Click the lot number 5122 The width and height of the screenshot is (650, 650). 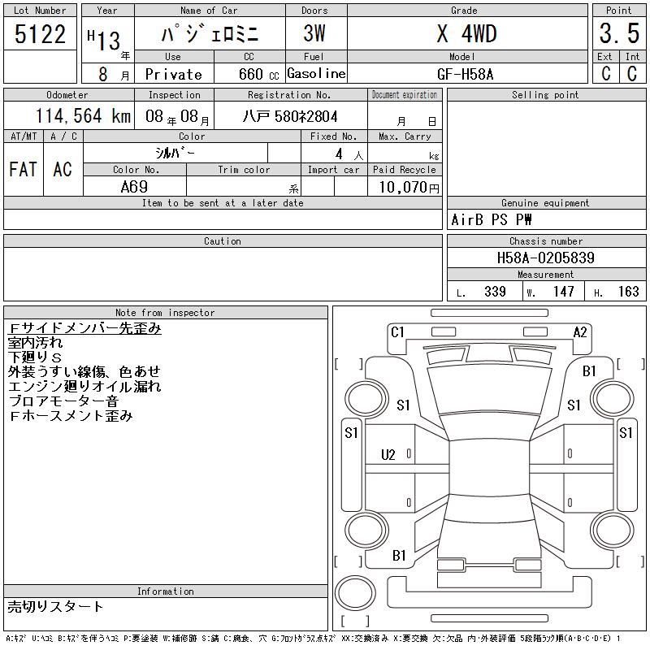40,34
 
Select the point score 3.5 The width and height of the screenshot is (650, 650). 619,33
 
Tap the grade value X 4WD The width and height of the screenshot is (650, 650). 466,33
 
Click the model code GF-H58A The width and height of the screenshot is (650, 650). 465,74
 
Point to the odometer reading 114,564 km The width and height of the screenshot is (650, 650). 83,115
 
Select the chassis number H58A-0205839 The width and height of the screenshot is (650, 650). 545,258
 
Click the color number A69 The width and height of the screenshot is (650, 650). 134,187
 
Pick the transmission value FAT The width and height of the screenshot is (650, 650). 24,169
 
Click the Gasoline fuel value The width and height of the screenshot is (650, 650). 316,73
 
